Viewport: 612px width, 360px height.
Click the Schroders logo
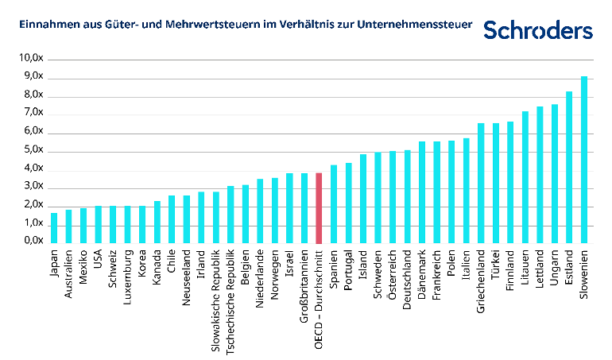pyautogui.click(x=538, y=30)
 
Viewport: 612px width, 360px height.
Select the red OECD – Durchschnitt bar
pyautogui.click(x=319, y=208)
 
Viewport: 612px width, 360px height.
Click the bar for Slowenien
pyautogui.click(x=584, y=160)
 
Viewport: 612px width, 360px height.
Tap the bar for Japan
pyautogui.click(x=54, y=228)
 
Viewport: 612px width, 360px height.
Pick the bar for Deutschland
pyautogui.click(x=407, y=196)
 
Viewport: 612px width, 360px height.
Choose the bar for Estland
pyautogui.click(x=569, y=168)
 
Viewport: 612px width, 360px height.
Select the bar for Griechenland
pyautogui.click(x=481, y=184)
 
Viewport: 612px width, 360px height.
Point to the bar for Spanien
pyautogui.click(x=334, y=204)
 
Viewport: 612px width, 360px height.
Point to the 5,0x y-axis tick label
pyautogui.click(x=32, y=151)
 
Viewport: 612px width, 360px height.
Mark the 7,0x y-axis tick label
pyautogui.click(x=32, y=114)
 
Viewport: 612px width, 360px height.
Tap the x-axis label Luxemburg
pyautogui.click(x=128, y=277)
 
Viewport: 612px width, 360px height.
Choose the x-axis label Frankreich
pyautogui.click(x=436, y=277)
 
